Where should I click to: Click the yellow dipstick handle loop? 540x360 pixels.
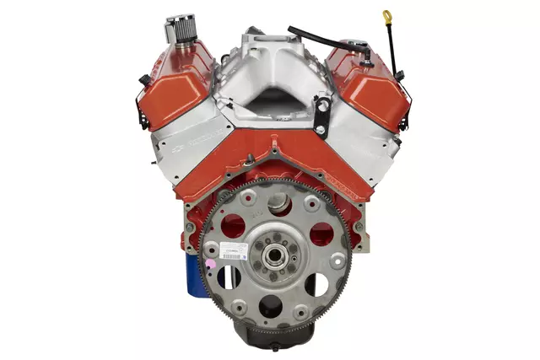pyautogui.click(x=387, y=17)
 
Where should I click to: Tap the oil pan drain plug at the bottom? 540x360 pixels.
pyautogui.click(x=274, y=345)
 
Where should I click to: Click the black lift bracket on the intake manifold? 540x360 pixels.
pyautogui.click(x=321, y=115)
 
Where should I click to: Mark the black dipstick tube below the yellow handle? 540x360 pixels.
pyautogui.click(x=392, y=51)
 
